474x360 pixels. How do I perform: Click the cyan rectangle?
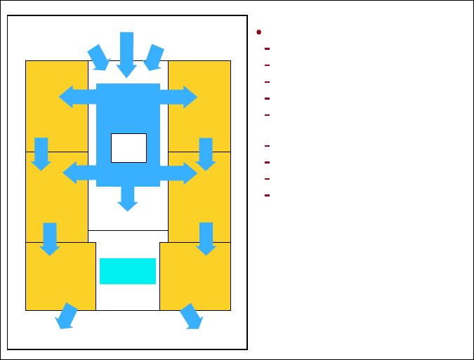click(x=127, y=271)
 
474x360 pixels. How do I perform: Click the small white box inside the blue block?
click(x=129, y=147)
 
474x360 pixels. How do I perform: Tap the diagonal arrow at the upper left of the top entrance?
click(x=98, y=58)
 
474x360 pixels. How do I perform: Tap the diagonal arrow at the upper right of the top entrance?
click(x=154, y=58)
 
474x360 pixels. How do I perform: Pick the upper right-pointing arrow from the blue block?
click(x=179, y=97)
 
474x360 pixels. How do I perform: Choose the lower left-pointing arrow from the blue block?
click(x=79, y=173)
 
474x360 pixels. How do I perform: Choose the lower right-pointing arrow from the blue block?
click(x=179, y=173)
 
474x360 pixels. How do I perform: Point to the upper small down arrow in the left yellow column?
click(x=41, y=154)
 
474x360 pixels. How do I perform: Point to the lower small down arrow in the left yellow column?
click(x=49, y=239)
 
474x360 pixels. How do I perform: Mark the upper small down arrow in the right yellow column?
click(x=206, y=154)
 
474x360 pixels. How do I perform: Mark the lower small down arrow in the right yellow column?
click(x=206, y=239)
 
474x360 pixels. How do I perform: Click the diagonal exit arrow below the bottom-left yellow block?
click(x=67, y=316)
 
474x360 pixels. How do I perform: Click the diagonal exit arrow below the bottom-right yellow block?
click(x=192, y=316)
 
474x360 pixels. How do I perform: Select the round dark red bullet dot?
click(x=259, y=32)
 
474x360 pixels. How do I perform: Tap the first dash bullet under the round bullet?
click(x=268, y=49)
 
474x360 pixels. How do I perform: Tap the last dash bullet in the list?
click(x=268, y=195)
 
